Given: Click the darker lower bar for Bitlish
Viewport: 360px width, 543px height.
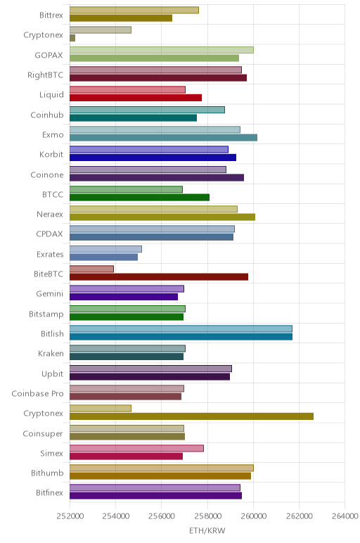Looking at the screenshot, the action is (x=181, y=337).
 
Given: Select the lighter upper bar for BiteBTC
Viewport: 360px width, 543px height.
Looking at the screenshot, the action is (x=91, y=269).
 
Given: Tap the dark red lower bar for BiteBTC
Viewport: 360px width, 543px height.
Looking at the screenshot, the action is (x=159, y=276).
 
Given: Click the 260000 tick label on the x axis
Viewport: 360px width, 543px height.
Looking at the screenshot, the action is (x=253, y=516).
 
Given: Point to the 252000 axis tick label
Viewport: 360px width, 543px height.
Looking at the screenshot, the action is (x=70, y=516).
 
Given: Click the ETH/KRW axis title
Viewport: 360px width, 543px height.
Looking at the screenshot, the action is (x=207, y=530).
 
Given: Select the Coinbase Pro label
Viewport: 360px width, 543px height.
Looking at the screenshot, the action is (x=37, y=393).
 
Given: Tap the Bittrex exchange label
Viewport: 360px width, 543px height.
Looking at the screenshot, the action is (x=51, y=15).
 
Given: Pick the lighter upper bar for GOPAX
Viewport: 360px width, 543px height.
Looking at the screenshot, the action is (x=162, y=50).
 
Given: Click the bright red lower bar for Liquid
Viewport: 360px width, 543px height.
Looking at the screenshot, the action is (x=136, y=98).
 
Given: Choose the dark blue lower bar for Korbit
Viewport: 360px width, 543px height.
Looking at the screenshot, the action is (x=153, y=158).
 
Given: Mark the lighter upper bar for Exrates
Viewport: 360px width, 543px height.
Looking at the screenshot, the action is (x=105, y=249).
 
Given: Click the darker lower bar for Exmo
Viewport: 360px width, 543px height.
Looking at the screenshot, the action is (x=163, y=137).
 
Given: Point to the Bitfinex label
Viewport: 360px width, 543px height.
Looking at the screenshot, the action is (x=49, y=492).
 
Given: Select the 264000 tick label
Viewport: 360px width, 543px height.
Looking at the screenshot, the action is (x=345, y=516).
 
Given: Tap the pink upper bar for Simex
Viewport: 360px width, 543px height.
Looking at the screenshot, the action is (x=136, y=448).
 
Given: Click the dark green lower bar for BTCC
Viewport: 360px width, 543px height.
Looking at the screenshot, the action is (x=139, y=198).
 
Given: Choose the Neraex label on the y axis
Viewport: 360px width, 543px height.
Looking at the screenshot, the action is (x=50, y=214).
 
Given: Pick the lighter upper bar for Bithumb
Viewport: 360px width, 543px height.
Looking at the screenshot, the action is (x=162, y=468).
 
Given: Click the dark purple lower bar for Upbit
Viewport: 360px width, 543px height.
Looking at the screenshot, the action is (x=150, y=376).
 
